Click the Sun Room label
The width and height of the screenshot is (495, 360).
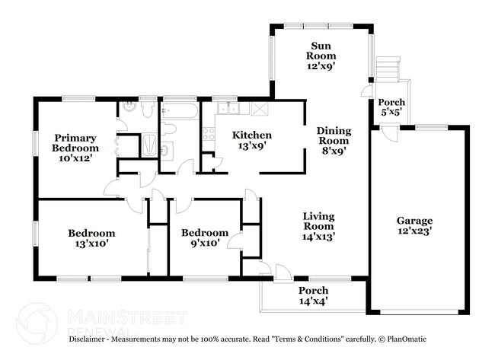pyautogui.click(x=321, y=55)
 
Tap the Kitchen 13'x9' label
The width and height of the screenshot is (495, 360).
pyautogui.click(x=251, y=141)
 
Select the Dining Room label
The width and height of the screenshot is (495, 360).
pyautogui.click(x=333, y=140)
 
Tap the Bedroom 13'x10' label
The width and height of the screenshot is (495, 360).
pyautogui.click(x=91, y=238)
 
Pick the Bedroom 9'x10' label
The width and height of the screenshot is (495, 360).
pyautogui.click(x=204, y=238)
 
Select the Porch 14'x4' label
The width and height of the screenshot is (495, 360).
pyautogui.click(x=312, y=296)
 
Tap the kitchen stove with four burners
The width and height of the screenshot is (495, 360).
pyautogui.click(x=208, y=135)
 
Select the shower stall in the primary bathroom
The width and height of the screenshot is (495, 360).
pyautogui.click(x=150, y=145)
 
